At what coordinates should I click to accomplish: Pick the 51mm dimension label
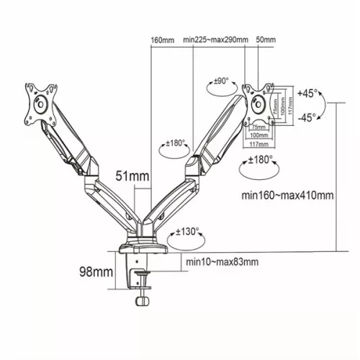click(132, 176)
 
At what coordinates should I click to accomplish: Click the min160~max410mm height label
click(287, 194)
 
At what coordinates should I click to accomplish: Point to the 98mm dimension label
click(96, 272)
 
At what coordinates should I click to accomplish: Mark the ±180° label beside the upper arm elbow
click(177, 143)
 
